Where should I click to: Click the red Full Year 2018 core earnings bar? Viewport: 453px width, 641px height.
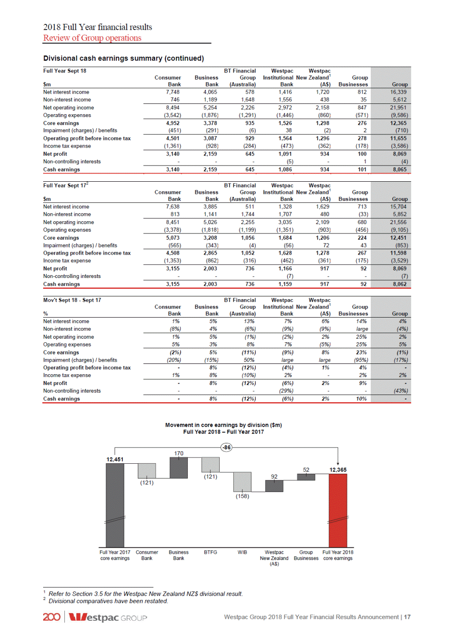click(x=338, y=510)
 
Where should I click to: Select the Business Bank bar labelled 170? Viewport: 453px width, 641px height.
click(x=178, y=468)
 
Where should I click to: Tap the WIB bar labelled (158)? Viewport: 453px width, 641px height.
click(x=242, y=482)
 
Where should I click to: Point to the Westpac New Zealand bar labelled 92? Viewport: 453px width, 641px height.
click(x=274, y=486)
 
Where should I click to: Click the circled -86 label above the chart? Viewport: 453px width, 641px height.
click(x=226, y=448)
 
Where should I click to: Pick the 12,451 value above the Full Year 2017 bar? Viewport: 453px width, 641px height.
click(x=115, y=459)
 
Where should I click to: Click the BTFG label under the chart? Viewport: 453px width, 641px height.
click(x=210, y=552)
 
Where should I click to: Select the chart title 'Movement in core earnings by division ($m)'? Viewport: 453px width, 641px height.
click(x=223, y=425)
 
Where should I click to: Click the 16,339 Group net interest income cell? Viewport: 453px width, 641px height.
click(x=398, y=92)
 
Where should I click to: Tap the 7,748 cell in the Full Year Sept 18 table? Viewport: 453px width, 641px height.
click(x=173, y=92)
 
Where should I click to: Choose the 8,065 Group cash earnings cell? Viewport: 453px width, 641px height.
click(x=400, y=170)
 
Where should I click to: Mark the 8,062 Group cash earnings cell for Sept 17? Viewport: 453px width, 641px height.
click(x=400, y=284)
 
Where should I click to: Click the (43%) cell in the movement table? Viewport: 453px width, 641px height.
click(x=401, y=391)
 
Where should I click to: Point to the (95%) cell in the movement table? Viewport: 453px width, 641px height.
click(x=362, y=360)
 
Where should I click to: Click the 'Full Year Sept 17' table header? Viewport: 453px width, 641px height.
click(x=66, y=185)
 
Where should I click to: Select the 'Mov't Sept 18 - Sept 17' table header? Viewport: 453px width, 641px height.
click(x=72, y=300)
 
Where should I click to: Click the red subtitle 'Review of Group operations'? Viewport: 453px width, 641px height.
click(x=92, y=38)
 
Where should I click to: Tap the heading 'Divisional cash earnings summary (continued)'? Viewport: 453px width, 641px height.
click(x=124, y=58)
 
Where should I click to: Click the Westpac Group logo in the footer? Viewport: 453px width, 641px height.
click(x=108, y=617)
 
